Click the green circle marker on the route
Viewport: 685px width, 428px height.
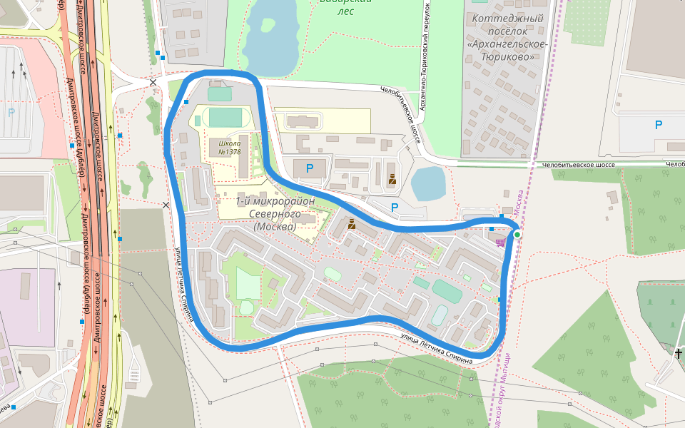[517, 234]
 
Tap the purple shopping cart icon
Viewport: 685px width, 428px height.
[501, 243]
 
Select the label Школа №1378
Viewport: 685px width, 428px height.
[228, 147]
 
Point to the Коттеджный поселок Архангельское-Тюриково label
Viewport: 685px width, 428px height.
[507, 37]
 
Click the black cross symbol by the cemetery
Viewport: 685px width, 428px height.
[678, 352]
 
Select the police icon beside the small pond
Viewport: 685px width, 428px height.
[392, 179]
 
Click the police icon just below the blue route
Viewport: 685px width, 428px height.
[351, 224]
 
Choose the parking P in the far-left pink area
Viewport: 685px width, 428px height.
[11, 112]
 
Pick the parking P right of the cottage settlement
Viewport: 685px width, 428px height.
[658, 125]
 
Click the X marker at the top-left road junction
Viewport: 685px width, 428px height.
[153, 83]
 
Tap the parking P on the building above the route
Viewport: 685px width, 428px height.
[309, 168]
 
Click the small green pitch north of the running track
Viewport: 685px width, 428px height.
[220, 93]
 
